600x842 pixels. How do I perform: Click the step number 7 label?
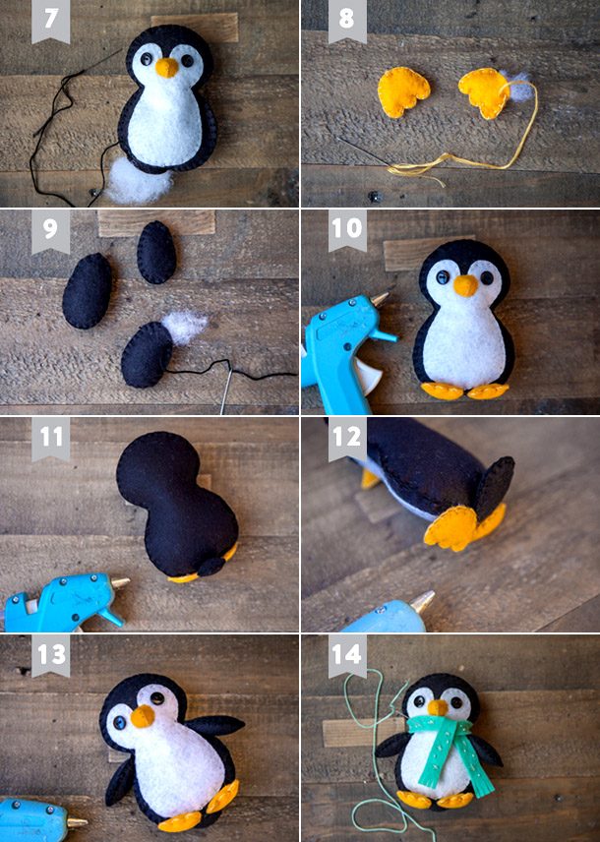[50, 18]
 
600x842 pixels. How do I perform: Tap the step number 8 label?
[347, 18]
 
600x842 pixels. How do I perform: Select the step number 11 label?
[51, 437]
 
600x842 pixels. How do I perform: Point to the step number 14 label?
[347, 654]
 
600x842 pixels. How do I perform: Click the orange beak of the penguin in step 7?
[167, 67]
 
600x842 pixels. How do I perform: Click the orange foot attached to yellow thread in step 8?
[485, 91]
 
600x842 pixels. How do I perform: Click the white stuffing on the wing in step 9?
[184, 327]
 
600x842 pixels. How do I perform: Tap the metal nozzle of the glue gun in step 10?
[381, 298]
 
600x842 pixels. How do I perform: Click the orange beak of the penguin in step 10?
[465, 285]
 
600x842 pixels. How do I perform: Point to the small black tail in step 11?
[211, 567]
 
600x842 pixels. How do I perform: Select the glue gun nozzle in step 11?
[120, 582]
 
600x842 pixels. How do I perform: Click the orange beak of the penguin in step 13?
[143, 716]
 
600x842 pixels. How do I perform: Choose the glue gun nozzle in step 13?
[77, 821]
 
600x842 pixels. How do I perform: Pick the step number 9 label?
[50, 229]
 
